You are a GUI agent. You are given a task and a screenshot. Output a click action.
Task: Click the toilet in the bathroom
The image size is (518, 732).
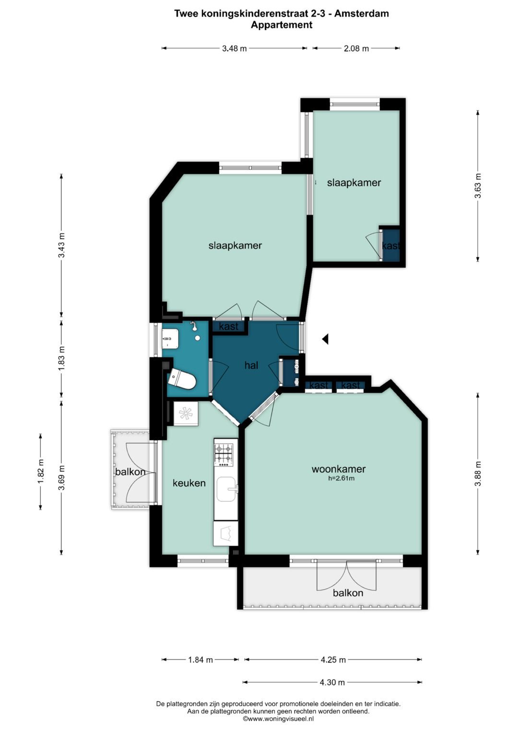click(x=181, y=379)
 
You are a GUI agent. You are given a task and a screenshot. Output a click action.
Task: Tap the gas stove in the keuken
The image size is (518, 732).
click(x=224, y=455)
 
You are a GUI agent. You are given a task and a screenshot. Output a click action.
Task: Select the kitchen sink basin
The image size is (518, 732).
click(x=226, y=489)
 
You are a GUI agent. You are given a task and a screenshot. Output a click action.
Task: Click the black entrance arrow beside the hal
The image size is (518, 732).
click(x=325, y=339)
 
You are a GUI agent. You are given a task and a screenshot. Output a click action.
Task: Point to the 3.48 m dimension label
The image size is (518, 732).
click(x=235, y=49)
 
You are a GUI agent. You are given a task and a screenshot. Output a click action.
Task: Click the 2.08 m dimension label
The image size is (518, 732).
click(x=356, y=49)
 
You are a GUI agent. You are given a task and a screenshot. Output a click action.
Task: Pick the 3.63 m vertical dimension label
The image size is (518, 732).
click(x=478, y=186)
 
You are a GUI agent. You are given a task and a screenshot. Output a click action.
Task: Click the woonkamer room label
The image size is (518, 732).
click(x=339, y=469)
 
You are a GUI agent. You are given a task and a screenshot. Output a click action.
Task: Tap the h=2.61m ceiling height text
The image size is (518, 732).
click(x=341, y=479)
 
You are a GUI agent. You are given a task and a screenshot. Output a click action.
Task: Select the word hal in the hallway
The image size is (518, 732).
click(x=251, y=365)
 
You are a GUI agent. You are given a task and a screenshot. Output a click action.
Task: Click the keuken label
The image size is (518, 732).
click(x=189, y=483)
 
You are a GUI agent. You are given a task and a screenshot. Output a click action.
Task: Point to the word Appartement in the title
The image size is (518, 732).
click(x=282, y=25)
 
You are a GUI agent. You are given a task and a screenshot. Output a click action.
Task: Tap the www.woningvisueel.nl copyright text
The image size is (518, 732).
click(x=278, y=719)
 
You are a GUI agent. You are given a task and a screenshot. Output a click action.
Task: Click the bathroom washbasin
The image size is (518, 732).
click(x=170, y=338)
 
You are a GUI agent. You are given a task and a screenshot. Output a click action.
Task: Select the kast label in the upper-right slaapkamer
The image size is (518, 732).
click(x=391, y=245)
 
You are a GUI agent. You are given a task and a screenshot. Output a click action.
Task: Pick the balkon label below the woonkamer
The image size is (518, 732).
click(x=348, y=593)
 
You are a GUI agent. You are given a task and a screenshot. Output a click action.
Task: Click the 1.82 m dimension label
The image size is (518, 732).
click(x=41, y=472)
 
